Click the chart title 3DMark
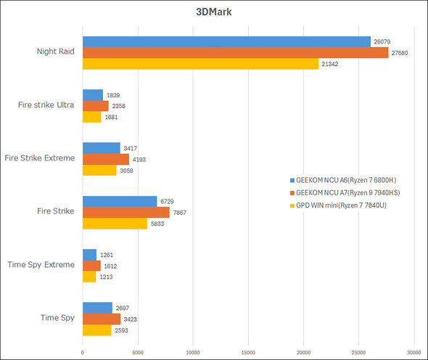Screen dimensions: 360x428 tap(214, 11)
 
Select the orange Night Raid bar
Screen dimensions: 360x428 tap(235, 53)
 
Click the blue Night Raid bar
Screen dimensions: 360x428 tap(226, 41)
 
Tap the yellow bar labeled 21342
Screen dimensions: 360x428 tap(200, 65)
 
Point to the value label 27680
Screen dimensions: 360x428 tap(401, 53)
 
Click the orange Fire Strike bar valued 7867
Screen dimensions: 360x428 tap(126, 212)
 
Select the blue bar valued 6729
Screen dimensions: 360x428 tap(120, 201)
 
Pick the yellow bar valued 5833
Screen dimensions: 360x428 tap(115, 224)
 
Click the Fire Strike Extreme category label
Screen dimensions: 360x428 tap(41, 158)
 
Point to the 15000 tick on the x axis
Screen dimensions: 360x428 tap(248, 353)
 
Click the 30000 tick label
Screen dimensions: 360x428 tap(413, 353)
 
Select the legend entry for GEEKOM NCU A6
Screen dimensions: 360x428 tap(345, 179)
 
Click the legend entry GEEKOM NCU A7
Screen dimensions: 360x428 tap(346, 192)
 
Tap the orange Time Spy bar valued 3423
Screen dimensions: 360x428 tap(102, 319)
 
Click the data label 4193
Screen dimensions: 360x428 tap(139, 159)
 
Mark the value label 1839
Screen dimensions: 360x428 tap(113, 95)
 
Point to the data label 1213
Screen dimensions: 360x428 tap(106, 277)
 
